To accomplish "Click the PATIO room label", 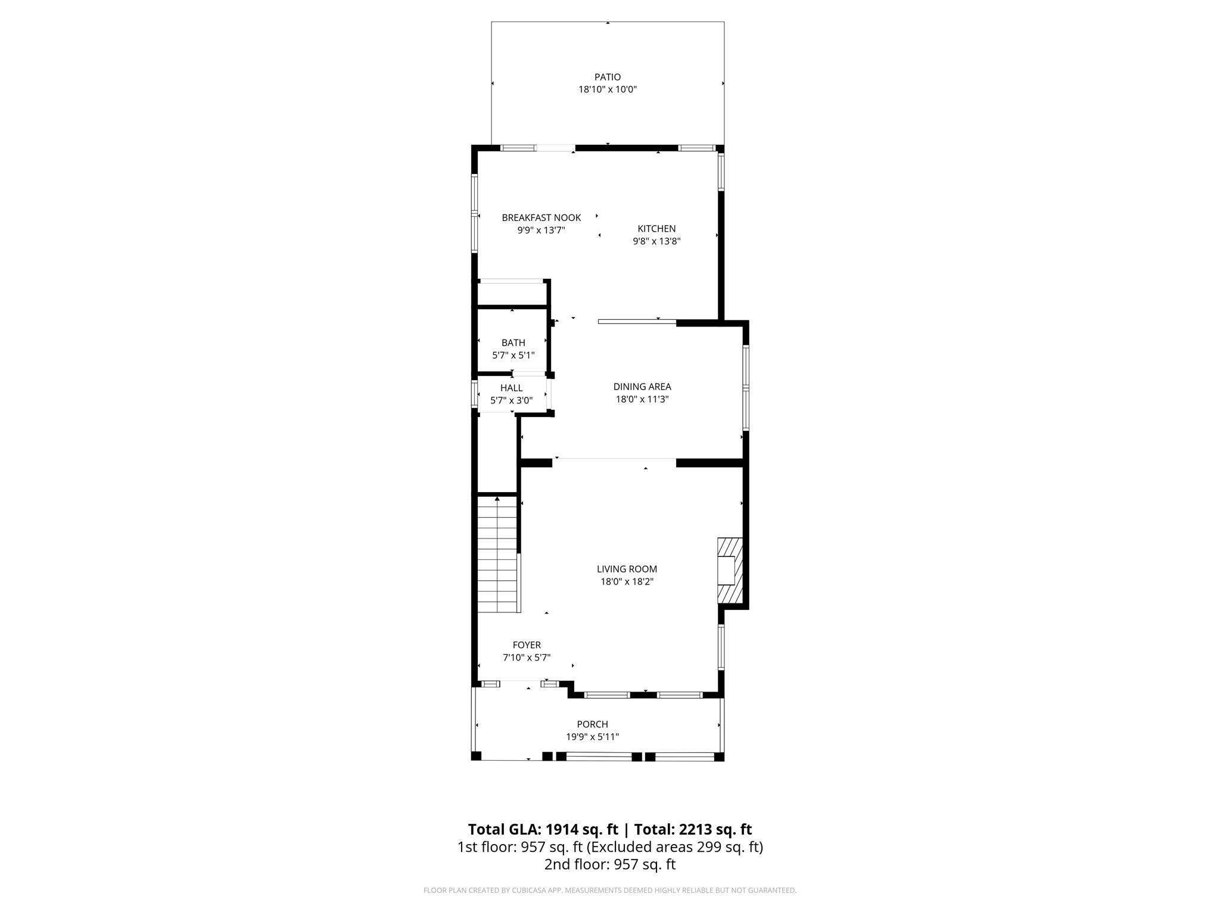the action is [608, 77].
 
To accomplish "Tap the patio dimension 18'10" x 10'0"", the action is [608, 89].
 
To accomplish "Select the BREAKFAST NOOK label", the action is [541, 218].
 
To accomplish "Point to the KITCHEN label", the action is [656, 229].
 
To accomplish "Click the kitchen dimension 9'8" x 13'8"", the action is [656, 241].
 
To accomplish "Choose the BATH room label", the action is [513, 343].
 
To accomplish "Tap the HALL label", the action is [512, 388].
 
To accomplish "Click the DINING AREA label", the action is [642, 387].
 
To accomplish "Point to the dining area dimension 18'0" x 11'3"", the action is [642, 399].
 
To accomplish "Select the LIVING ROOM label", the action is [627, 569].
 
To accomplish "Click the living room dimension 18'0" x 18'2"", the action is [627, 581].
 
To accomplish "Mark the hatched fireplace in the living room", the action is [730, 571].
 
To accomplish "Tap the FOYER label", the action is [527, 645].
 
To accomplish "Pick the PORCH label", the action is [592, 724].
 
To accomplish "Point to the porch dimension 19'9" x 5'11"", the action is [592, 737].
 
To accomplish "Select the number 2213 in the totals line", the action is [695, 829].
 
